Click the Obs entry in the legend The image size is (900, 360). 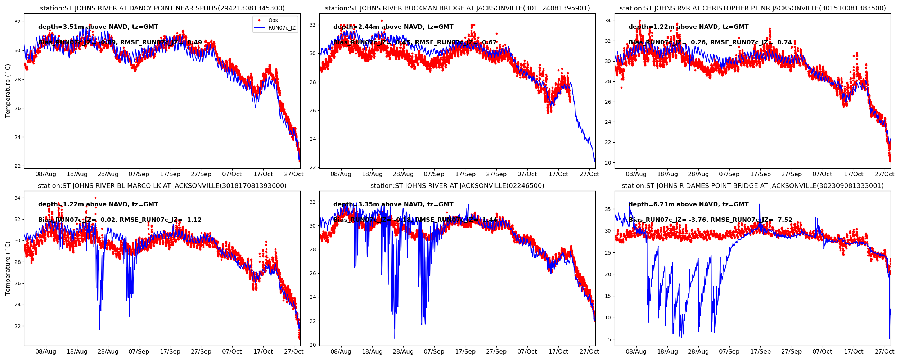pyautogui.click(x=273, y=21)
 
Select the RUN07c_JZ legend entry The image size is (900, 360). pyautogui.click(x=282, y=28)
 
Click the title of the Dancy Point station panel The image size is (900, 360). pyautogui.click(x=162, y=8)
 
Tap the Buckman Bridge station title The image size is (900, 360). pyautogui.click(x=457, y=8)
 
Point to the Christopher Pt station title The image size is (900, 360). pyautogui.click(x=752, y=8)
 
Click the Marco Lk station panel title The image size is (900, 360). pyautogui.click(x=162, y=186)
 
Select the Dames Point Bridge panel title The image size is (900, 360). pyautogui.click(x=752, y=186)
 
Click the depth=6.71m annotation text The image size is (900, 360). pyautogui.click(x=688, y=204)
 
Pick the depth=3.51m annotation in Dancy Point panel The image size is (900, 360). pyautogui.click(x=98, y=27)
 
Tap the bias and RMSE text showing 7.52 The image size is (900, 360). pyautogui.click(x=710, y=220)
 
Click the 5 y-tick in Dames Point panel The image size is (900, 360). pyautogui.click(x=609, y=339)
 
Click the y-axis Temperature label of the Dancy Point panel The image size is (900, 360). pyautogui.click(x=8, y=91)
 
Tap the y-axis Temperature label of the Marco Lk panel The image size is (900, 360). pyautogui.click(x=8, y=268)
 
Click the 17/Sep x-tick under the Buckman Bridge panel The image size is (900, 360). pyautogui.click(x=465, y=174)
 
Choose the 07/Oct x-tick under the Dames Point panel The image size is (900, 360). pyautogui.click(x=822, y=352)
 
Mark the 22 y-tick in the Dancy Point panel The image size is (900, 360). pyautogui.click(x=17, y=166)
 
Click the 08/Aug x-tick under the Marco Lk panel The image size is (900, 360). pyautogui.click(x=46, y=352)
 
